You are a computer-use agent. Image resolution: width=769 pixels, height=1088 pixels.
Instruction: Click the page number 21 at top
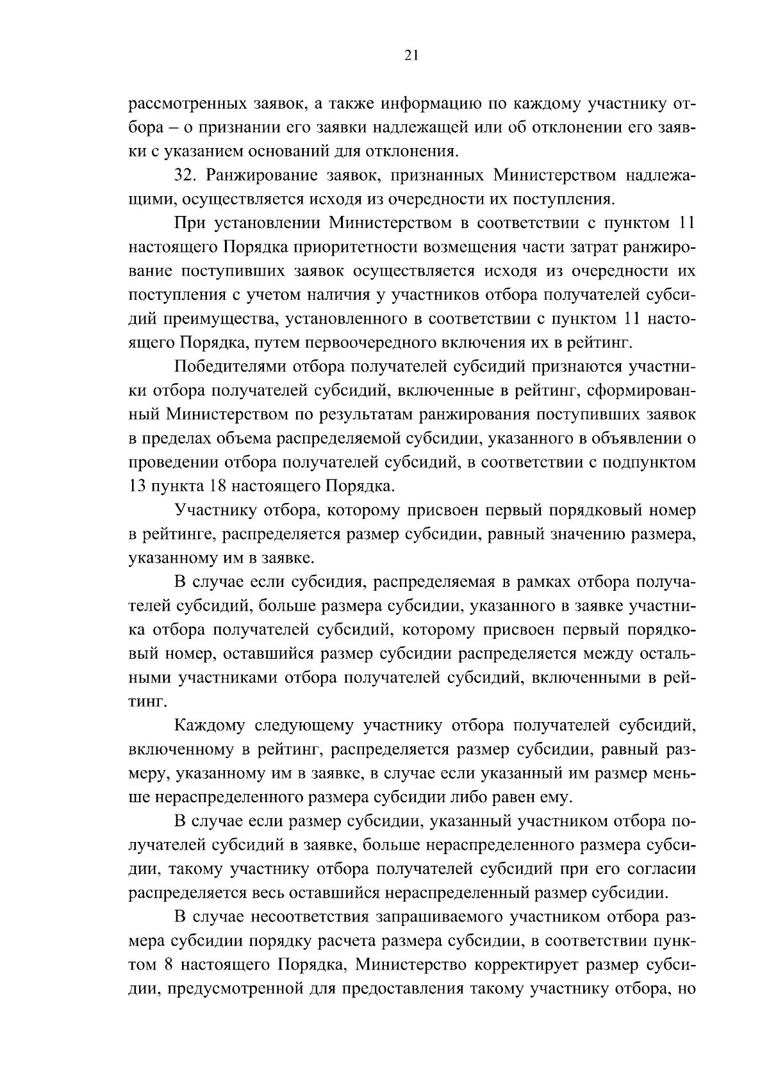[x=411, y=56]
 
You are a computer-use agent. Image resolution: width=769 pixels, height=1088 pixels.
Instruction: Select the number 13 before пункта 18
[x=137, y=486]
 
